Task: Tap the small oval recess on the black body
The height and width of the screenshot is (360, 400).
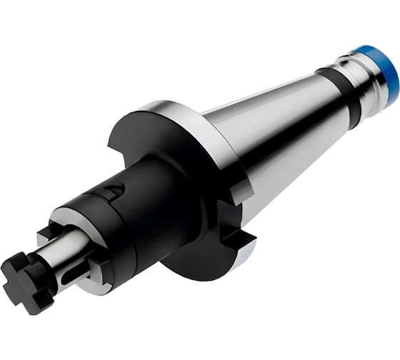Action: click(111, 191)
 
